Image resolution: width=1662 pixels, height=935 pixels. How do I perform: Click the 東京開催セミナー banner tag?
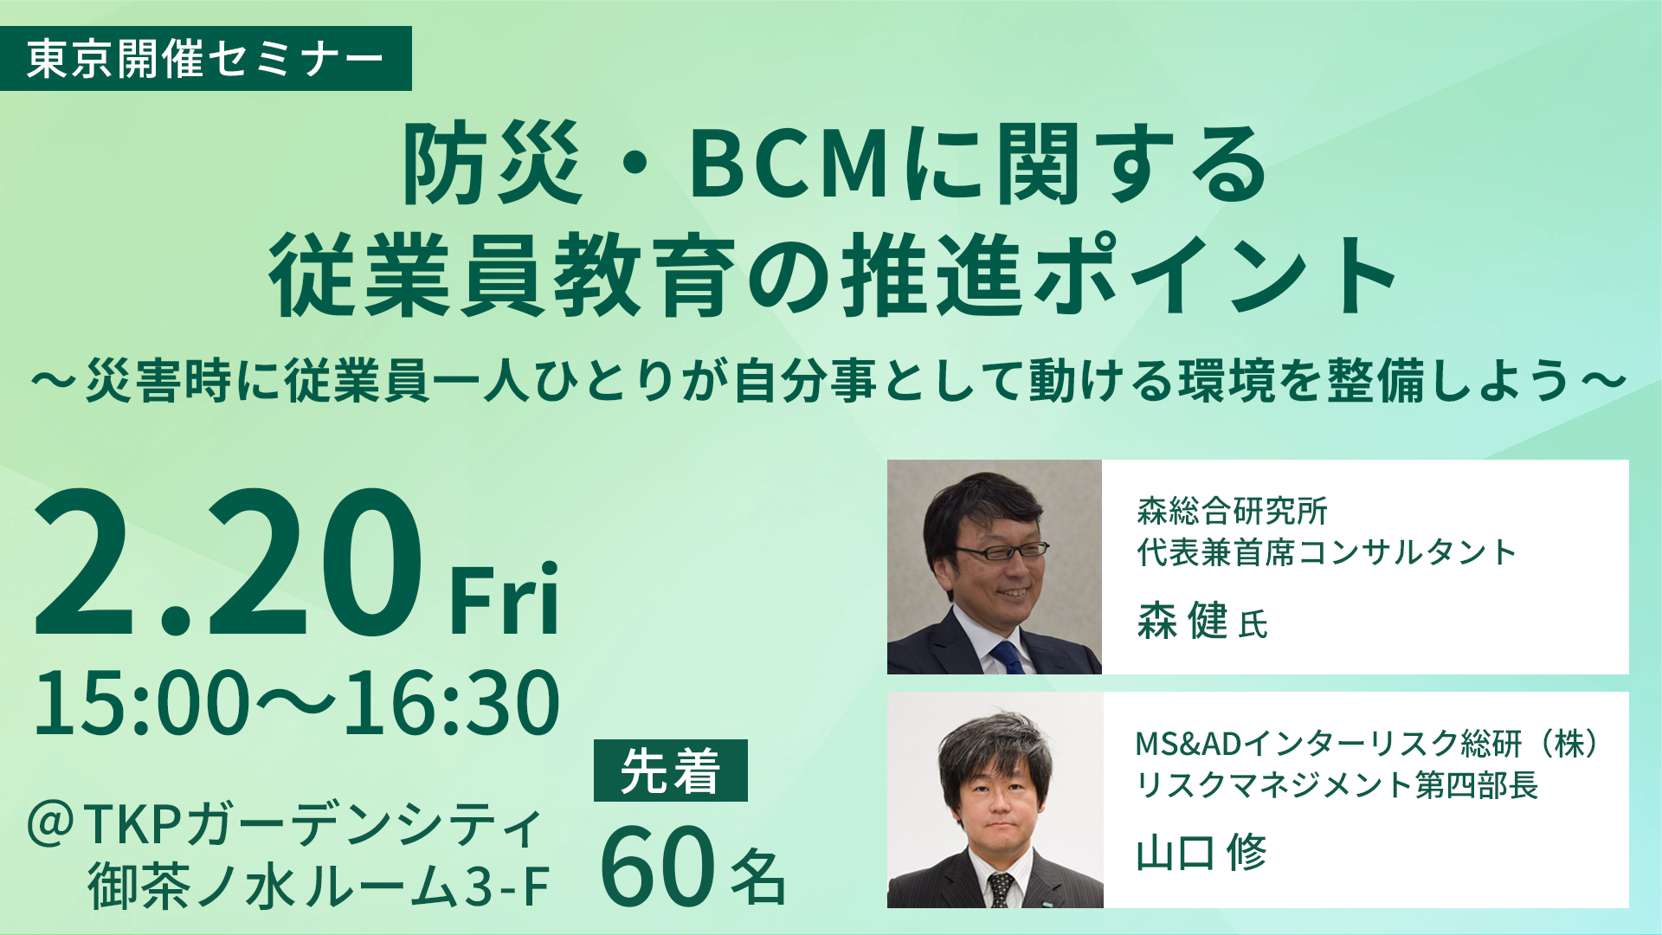click(205, 59)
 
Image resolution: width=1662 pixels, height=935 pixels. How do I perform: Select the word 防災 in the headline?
click(491, 164)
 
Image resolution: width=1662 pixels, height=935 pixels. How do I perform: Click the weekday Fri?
click(504, 599)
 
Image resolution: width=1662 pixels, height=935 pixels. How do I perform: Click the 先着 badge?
click(670, 771)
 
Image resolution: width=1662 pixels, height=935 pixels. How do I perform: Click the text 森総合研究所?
click(1232, 511)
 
